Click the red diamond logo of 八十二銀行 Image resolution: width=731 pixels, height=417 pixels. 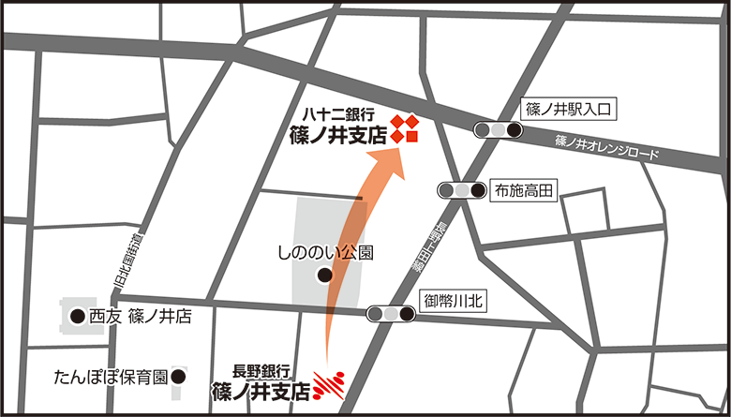[405, 129]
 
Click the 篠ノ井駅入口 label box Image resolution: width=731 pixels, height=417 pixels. [569, 111]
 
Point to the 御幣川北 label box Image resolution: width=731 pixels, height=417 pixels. [453, 301]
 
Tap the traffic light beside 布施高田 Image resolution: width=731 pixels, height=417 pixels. [462, 191]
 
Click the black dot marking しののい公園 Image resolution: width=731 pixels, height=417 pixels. [324, 276]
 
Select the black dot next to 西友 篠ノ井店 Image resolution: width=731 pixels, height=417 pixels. [77, 317]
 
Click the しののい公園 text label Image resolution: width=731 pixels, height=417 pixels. [325, 253]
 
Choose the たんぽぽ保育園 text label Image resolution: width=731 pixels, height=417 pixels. [111, 378]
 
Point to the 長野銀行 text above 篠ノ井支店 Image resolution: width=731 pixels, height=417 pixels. [265, 370]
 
